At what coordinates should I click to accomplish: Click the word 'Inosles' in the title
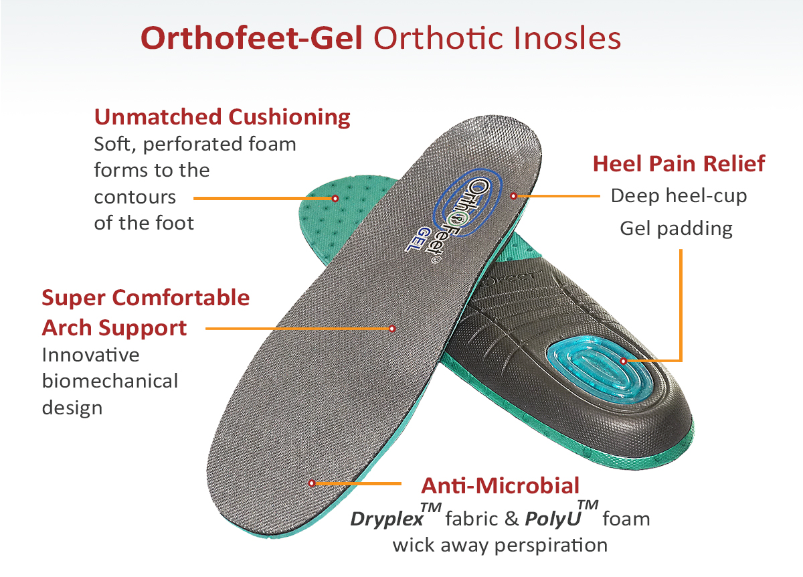pos(567,38)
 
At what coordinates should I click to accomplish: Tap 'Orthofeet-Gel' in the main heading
pos(252,38)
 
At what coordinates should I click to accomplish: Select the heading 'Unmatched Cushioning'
pos(222,117)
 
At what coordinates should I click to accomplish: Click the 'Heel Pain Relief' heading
pos(679,164)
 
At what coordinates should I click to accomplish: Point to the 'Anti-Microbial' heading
pos(500,486)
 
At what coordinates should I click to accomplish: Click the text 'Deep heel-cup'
pos(679,197)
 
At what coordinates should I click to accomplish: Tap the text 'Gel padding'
pos(676,229)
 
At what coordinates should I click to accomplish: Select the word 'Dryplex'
pos(387,519)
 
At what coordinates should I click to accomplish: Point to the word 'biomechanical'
pos(110,381)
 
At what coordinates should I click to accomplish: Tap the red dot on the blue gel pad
pos(624,361)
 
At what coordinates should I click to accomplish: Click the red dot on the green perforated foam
pos(335,198)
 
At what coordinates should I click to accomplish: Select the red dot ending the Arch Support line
pos(392,329)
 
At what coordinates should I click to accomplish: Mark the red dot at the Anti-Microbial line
pos(312,483)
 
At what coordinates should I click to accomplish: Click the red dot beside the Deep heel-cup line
pos(513,196)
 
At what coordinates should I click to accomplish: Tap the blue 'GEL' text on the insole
pos(416,239)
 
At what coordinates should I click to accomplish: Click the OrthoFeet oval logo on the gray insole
pos(468,203)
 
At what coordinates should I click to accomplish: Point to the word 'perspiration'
pos(551,546)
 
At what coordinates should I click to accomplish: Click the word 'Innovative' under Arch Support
pos(91,355)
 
